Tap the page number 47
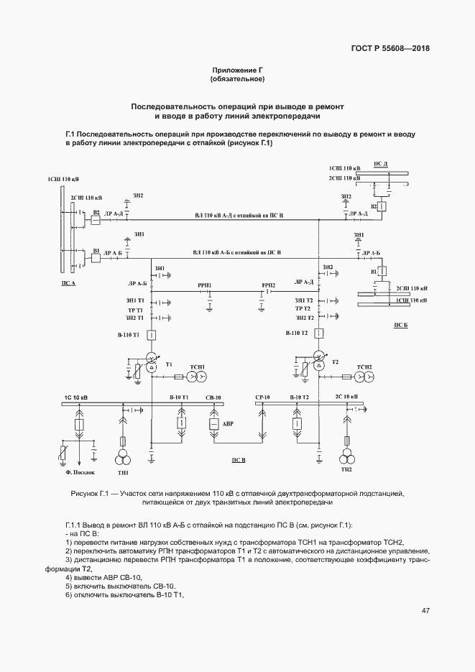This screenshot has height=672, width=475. tap(425, 611)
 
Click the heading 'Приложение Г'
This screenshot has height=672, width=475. tap(236, 69)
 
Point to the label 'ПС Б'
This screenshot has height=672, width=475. tap(400, 325)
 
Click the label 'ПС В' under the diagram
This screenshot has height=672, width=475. tap(239, 459)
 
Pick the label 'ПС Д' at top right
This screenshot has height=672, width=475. tap(381, 164)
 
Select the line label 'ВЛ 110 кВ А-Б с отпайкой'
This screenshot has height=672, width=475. tap(236, 253)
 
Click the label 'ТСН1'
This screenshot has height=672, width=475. tap(197, 367)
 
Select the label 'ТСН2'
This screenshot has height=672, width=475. tap(364, 367)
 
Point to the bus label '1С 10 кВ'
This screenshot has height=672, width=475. tap(76, 397)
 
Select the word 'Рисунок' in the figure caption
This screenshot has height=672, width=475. tap(86, 494)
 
